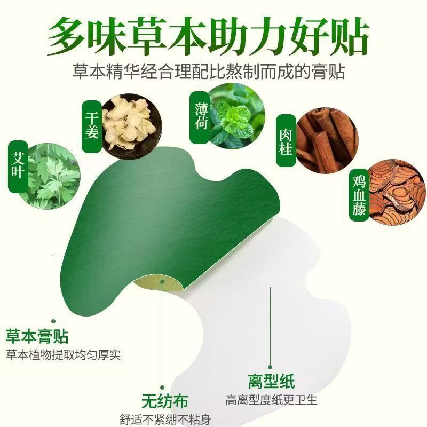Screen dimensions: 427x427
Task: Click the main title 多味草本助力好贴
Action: (x=208, y=36)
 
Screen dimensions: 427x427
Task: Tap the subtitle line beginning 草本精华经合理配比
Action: (x=209, y=72)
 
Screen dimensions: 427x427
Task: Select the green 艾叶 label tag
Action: (x=18, y=167)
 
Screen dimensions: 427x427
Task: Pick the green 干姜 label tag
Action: (x=92, y=126)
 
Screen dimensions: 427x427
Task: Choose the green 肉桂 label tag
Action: (x=286, y=141)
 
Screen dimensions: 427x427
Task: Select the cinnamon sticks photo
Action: (x=327, y=139)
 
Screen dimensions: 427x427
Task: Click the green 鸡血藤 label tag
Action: (x=359, y=195)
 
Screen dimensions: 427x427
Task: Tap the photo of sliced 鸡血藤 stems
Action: (x=396, y=192)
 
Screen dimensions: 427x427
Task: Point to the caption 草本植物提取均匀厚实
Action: (x=63, y=355)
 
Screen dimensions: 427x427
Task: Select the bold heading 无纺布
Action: (x=165, y=401)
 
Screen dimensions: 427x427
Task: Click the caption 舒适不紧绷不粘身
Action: (x=165, y=420)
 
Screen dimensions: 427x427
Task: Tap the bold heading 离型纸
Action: (x=271, y=381)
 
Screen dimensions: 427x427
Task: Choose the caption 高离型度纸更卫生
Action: (x=271, y=400)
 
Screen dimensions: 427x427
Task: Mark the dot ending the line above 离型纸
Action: (x=270, y=367)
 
